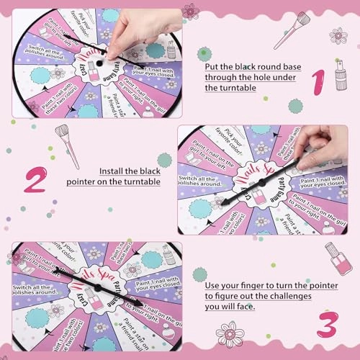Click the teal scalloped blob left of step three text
199,274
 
